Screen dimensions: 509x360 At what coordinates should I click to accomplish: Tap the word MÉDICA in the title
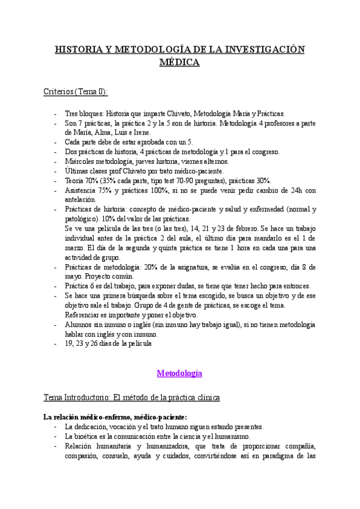179,61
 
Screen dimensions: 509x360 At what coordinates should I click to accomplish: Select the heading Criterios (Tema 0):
76,92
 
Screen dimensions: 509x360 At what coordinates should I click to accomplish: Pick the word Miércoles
79,161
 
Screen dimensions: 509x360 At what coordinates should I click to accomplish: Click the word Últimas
76,171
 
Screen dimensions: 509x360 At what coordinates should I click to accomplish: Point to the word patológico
81,219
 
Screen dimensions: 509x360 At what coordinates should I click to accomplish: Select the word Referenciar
83,315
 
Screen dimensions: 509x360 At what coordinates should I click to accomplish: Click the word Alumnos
79,325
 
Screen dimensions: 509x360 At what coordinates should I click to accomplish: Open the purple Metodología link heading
179,373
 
